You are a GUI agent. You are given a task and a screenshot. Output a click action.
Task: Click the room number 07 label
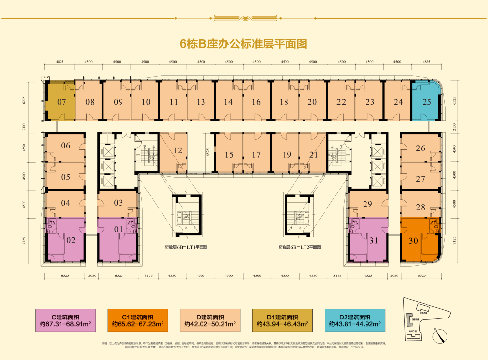click(61, 102)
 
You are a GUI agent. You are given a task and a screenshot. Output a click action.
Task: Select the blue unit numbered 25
click(427, 102)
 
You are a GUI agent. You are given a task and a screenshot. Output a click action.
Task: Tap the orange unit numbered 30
click(414, 240)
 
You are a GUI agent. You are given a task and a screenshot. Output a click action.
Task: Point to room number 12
click(178, 150)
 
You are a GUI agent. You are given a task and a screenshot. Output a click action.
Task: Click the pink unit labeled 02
click(71, 240)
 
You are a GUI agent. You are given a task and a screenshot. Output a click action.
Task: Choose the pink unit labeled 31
click(374, 240)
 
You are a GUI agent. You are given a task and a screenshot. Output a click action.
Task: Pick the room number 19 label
click(286, 155)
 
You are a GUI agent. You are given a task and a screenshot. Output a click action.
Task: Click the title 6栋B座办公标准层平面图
click(244, 44)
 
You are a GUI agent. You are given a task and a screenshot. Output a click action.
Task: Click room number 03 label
click(118, 203)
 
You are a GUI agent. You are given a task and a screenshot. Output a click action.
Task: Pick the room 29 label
click(368, 204)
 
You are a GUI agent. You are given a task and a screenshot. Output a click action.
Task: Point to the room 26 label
click(420, 148)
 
